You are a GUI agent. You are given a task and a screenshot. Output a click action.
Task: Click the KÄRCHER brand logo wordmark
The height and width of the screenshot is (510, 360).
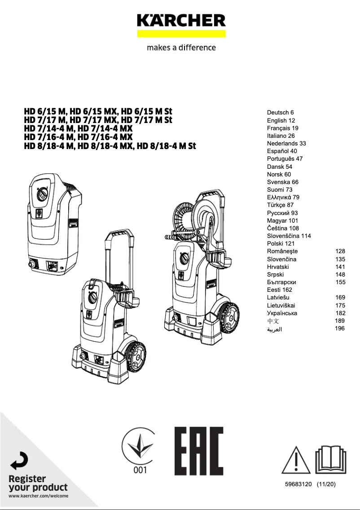[181, 21]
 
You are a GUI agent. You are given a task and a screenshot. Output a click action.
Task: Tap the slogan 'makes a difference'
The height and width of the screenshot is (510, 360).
[181, 48]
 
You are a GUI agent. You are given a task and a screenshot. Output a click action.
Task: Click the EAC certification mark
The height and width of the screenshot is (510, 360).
[198, 451]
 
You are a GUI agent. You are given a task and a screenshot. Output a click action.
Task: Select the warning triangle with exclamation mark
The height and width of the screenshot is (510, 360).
[296, 460]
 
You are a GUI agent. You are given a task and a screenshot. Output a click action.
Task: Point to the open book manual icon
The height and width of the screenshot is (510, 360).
[330, 460]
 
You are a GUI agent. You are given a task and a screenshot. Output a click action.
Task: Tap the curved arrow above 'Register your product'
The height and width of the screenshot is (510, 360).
[19, 462]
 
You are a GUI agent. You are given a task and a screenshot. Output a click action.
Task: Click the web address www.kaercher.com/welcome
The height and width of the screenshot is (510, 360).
[39, 496]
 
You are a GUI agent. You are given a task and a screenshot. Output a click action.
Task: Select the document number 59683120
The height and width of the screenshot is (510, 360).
[298, 485]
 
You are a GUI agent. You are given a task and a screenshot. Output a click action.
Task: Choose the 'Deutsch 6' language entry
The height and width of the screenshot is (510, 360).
[280, 113]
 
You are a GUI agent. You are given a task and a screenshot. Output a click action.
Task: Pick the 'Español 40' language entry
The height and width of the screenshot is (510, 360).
[282, 151]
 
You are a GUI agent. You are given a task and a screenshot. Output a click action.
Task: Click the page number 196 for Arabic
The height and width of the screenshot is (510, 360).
[340, 329]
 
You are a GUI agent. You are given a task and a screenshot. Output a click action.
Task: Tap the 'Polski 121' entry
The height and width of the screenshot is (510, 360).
[281, 243]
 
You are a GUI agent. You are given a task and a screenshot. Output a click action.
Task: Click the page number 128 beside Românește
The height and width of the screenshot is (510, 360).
[340, 251]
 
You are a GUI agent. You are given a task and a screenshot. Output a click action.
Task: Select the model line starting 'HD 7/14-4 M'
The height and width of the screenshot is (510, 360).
[78, 129]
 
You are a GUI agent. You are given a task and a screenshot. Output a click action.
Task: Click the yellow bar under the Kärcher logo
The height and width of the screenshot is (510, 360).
[181, 34]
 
